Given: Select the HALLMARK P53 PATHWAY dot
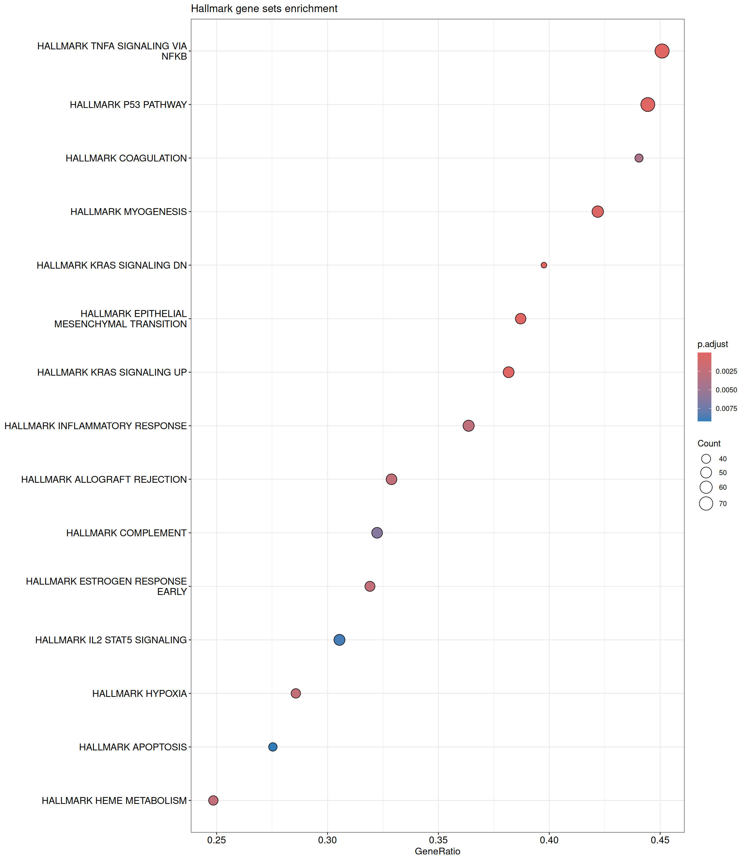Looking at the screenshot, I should point(647,105).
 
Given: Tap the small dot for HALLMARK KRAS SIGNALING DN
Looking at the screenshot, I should point(544,265).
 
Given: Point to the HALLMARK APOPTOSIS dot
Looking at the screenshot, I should point(273,747).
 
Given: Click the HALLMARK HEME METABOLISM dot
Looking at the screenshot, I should point(213,800).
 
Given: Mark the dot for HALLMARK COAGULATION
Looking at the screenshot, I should point(639,158).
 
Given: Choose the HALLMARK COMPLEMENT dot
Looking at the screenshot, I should point(377,533).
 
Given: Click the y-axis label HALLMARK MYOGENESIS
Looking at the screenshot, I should point(128,212).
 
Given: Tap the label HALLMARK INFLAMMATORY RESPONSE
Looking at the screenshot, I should point(95,426).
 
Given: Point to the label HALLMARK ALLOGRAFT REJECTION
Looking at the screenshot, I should point(104,480).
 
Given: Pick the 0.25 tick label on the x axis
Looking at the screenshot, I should point(216,840).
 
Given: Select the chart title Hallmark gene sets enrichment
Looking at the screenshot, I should point(264,9).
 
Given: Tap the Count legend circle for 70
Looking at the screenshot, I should point(706,504).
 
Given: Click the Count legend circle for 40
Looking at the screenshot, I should point(706,459).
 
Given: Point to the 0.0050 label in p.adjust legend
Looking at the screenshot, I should point(726,390).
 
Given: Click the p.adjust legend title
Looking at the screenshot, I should point(713,344).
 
